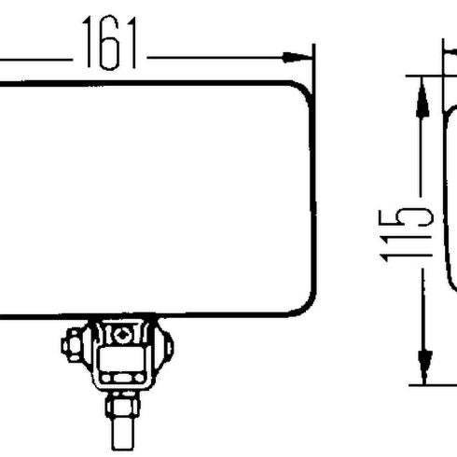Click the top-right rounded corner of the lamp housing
[301, 90]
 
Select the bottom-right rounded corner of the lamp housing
[301, 306]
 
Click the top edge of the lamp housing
[149, 81]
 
